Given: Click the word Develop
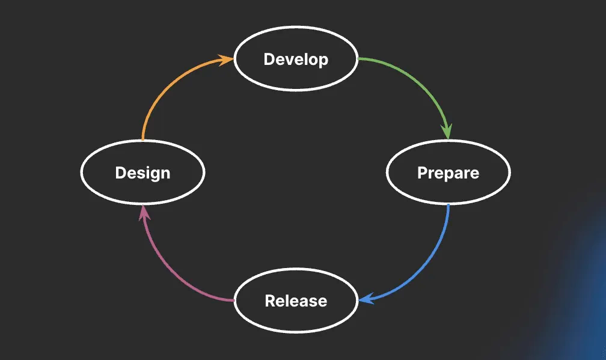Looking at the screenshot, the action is click(296, 59).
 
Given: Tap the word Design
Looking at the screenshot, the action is click(142, 173).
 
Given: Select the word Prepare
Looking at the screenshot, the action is click(448, 173).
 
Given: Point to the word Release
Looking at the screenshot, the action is click(296, 301).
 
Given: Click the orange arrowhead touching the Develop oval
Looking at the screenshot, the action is click(227, 60).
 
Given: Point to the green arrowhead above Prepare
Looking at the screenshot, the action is click(447, 132).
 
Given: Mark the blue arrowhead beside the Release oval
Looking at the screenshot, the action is click(366, 299).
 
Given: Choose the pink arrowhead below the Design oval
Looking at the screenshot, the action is click(144, 212).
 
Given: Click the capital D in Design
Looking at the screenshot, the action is click(121, 172).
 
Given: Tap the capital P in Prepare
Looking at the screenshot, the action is click(423, 172).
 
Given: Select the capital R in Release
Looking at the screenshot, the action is click(270, 301).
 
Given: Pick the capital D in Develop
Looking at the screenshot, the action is click(269, 59).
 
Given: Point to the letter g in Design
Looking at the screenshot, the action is click(153, 175).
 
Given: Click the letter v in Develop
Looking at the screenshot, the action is click(290, 61).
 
